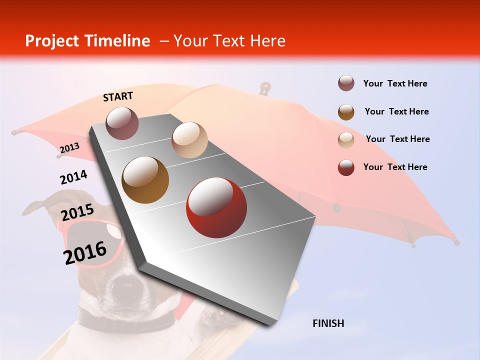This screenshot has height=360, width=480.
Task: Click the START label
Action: click(x=118, y=96)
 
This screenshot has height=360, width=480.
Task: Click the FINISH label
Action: click(x=328, y=323)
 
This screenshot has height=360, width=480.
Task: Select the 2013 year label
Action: click(x=69, y=147)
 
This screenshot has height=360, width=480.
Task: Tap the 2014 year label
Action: click(x=73, y=177)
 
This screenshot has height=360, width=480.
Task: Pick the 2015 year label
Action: click(x=77, y=212)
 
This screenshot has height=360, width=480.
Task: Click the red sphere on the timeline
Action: click(x=216, y=207)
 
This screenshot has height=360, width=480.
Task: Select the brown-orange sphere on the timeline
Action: click(x=145, y=180)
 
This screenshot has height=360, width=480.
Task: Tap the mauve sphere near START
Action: click(x=122, y=123)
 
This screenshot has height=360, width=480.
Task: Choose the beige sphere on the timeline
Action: click(x=189, y=140)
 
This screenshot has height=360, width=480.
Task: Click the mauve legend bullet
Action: click(x=346, y=83)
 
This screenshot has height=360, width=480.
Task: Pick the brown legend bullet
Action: click(x=346, y=111)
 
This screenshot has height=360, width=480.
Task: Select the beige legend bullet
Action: click(x=346, y=139)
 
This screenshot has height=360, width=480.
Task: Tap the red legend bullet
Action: click(x=346, y=167)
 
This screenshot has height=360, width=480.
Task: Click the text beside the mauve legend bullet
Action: click(x=395, y=83)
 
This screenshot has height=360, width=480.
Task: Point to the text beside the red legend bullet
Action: click(x=395, y=167)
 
